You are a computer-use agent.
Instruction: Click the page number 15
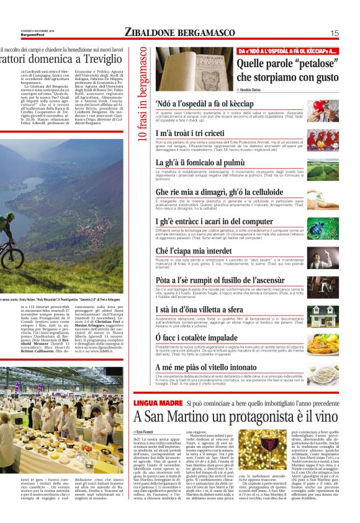(x=334, y=33)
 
